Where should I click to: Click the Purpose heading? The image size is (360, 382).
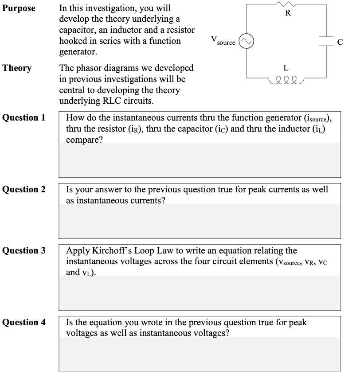click(x=19, y=8)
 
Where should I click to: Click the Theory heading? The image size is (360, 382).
click(x=17, y=68)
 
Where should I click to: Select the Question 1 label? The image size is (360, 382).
click(x=24, y=118)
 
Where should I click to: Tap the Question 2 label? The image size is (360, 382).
click(x=24, y=190)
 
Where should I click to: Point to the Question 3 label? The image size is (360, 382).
click(x=24, y=251)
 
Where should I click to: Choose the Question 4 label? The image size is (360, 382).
click(x=24, y=323)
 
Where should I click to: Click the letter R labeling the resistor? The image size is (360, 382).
click(x=288, y=12)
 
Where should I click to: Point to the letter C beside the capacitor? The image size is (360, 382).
click(x=340, y=43)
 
